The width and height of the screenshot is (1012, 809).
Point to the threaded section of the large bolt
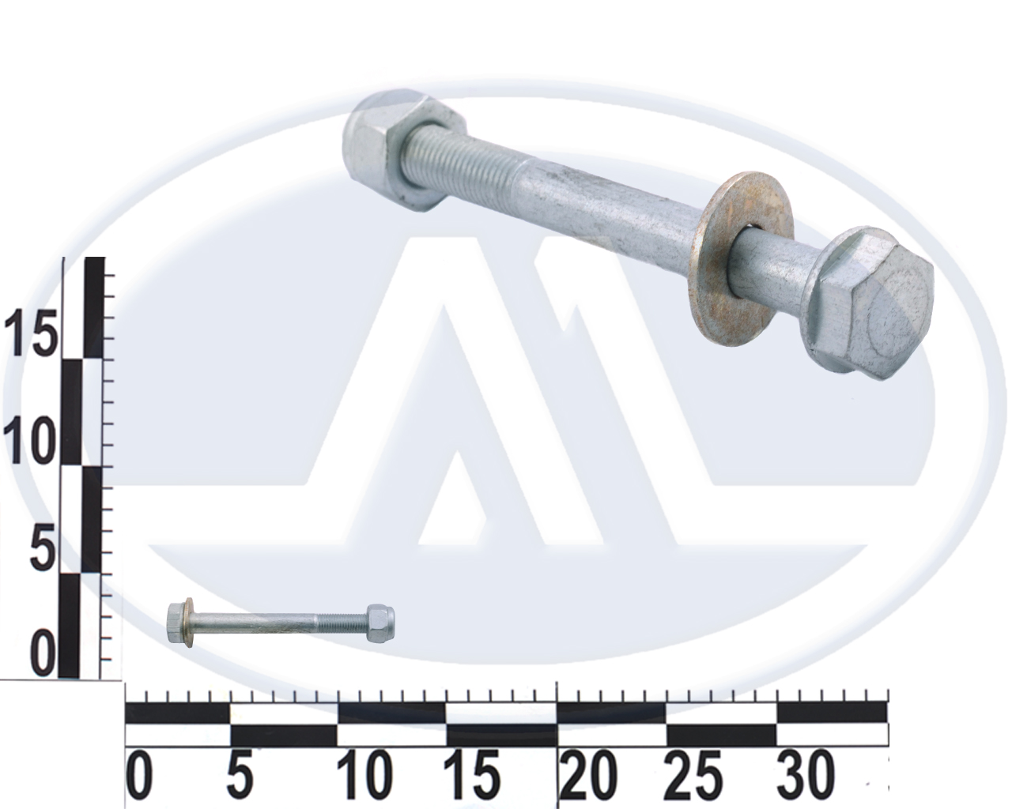pos(466,155)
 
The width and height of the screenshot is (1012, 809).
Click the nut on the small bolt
pos(381,623)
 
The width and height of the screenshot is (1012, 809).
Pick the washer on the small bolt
pos(189,623)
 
